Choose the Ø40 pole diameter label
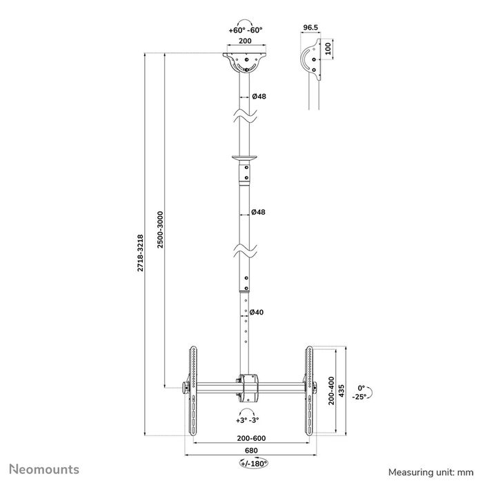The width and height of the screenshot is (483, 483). tap(257, 313)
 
